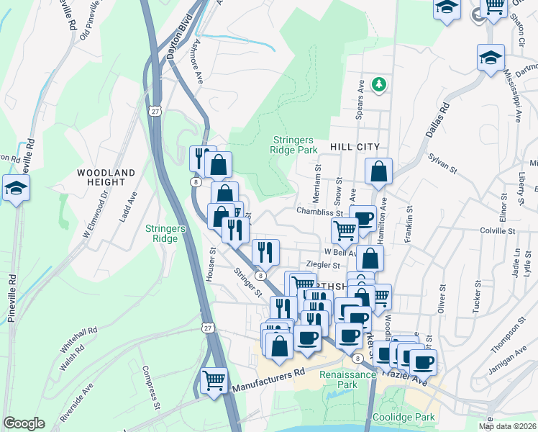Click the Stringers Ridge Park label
tap(293, 145)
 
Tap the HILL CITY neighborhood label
tap(354, 146)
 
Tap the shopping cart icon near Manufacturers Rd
tap(214, 379)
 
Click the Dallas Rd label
tap(437, 120)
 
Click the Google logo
tap(24, 423)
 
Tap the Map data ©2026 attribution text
tap(508, 426)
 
